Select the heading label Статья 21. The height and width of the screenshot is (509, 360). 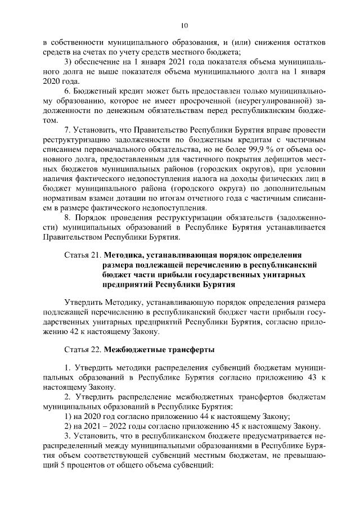click(x=83, y=255)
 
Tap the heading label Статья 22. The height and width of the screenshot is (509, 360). click(x=83, y=350)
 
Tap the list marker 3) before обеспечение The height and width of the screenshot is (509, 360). click(x=68, y=61)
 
